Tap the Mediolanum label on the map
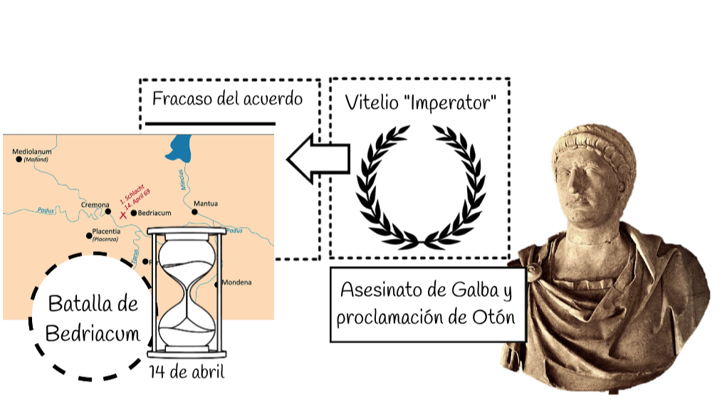click(32, 151)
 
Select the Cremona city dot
click(108, 211)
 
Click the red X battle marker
click(123, 214)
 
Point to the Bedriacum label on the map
click(152, 212)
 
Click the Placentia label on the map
click(106, 231)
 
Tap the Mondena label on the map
click(236, 282)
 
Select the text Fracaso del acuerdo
click(227, 99)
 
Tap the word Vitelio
click(370, 102)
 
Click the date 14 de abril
click(187, 371)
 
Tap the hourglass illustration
click(186, 292)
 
